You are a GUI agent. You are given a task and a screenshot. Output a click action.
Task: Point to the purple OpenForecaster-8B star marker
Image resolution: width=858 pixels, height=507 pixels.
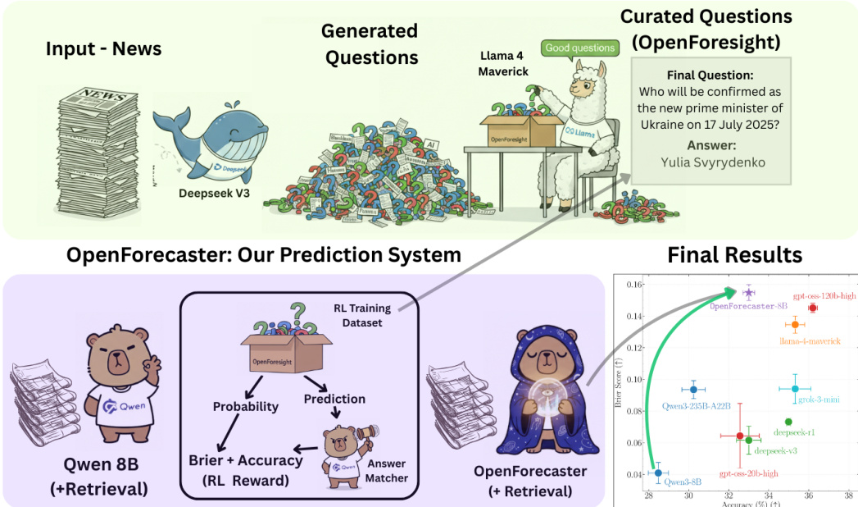coord(748,292)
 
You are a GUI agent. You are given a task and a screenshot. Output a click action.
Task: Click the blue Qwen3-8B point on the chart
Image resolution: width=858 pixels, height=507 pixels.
coord(658,473)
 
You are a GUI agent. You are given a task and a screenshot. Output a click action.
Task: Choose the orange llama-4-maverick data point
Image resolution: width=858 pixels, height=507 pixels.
coord(794,325)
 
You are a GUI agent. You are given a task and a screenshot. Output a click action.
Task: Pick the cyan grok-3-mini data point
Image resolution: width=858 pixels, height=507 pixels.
coord(794,389)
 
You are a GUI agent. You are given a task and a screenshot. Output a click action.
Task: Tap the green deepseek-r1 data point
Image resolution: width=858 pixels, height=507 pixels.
coord(788,422)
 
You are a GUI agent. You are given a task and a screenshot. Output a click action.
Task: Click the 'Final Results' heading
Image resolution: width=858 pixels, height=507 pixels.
coord(735,254)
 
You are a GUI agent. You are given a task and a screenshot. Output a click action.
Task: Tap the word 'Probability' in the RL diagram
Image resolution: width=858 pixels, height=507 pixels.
coord(245,406)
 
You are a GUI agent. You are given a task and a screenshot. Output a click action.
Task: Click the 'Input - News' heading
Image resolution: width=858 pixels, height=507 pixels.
coord(103,48)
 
